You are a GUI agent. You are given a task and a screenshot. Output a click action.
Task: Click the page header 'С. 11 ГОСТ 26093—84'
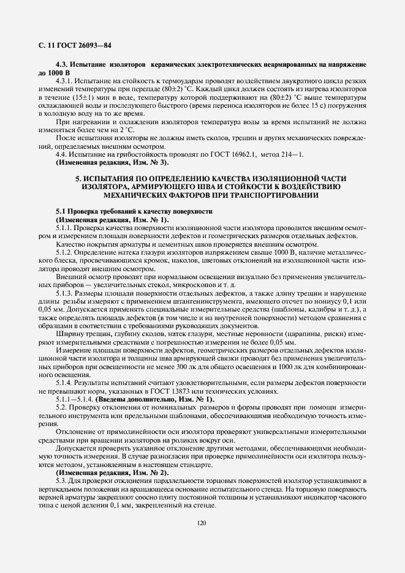[x=68, y=45]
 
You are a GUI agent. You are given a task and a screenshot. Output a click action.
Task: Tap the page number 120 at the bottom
[x=202, y=523]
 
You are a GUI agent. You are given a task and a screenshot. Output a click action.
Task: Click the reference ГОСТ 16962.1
[x=220, y=155]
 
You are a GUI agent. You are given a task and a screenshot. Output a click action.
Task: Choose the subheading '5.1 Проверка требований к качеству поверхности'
[x=134, y=211]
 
